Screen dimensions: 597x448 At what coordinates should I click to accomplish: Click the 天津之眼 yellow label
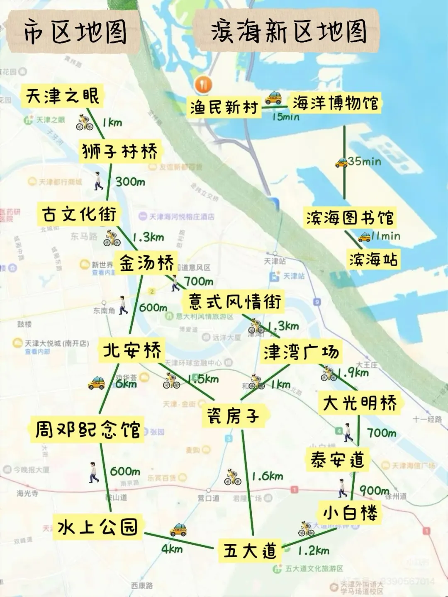click(x=62, y=97)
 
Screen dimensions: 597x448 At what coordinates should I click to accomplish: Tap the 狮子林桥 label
click(x=120, y=151)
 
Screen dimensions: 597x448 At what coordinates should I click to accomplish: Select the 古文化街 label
click(x=79, y=214)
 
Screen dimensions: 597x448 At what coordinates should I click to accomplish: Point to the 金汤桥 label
click(x=146, y=263)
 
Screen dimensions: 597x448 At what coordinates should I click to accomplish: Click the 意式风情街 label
click(x=234, y=301)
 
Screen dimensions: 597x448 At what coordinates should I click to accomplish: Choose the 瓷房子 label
click(x=233, y=416)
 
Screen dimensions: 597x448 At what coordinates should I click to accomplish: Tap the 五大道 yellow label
click(x=250, y=551)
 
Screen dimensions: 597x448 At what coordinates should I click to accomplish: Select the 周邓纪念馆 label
click(x=88, y=430)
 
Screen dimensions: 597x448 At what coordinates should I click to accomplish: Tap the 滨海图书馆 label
click(x=350, y=218)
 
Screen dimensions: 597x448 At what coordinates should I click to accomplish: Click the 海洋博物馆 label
click(x=335, y=103)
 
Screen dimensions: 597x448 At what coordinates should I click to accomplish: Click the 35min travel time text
click(x=364, y=161)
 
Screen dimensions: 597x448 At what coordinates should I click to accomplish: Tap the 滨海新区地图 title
click(x=289, y=32)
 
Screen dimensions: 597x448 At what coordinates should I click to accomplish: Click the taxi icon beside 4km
click(x=178, y=530)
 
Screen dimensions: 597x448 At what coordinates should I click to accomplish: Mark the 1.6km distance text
click(x=268, y=476)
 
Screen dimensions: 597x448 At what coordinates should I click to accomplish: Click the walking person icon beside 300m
click(x=98, y=181)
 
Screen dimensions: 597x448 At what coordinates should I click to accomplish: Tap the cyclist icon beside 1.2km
click(x=306, y=529)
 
